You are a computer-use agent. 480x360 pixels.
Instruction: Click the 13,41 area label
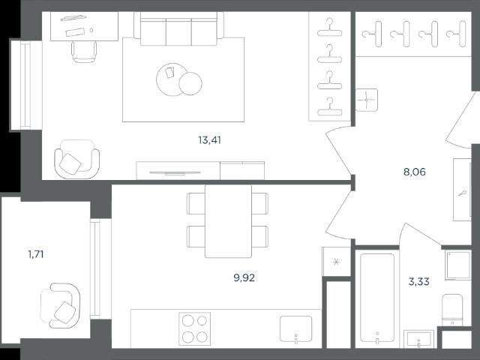pos(210,140)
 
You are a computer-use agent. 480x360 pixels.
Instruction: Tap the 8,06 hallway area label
pos(415,172)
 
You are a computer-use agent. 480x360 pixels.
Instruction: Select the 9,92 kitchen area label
pos(244,278)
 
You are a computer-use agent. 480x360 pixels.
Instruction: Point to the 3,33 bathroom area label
pos(418,281)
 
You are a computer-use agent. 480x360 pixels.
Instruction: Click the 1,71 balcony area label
pos(35,254)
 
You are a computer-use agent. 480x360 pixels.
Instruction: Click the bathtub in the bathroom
pos(377,298)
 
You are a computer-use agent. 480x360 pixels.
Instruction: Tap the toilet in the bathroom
pos(452,310)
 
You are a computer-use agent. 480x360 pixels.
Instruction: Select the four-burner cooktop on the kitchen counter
pos(195,328)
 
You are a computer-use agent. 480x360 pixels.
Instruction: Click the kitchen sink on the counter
pos(295,329)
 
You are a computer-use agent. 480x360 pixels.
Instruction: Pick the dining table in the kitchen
pos(228,221)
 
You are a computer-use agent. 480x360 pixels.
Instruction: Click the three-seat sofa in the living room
pos(178,28)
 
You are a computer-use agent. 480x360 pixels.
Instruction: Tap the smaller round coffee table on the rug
pos(190,83)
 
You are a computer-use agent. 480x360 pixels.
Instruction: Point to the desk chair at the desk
pos(84,52)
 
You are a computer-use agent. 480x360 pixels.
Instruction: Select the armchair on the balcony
pos(61,306)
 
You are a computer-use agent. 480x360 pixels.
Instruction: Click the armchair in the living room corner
pos(76,159)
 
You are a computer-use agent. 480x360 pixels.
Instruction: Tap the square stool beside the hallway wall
pos(367,100)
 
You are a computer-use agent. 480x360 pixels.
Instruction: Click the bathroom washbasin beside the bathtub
pos(418,339)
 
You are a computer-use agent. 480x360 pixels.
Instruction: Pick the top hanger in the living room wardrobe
pos(329,28)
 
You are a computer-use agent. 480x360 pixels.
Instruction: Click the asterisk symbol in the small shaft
pos(336,262)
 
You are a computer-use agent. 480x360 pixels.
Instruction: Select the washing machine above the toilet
pos(458,265)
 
